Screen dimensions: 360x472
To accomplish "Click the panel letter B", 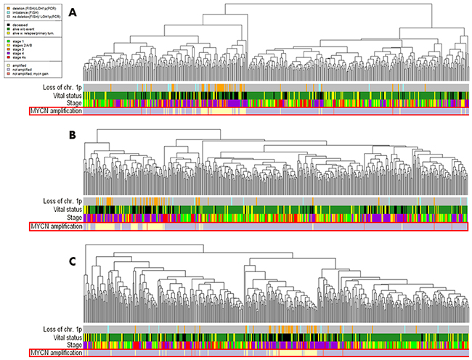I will pyautogui.click(x=93, y=136).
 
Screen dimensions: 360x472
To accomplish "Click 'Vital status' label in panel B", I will pyautogui.click(x=60, y=209).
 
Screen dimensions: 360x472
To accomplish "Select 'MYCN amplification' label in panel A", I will pyautogui.click(x=54, y=111).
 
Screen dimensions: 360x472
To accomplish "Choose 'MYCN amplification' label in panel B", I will pyautogui.click(x=54, y=226).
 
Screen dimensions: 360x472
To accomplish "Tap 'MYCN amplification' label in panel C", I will pyautogui.click(x=54, y=353).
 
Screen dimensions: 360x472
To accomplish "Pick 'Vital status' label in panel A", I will pyautogui.click(x=60, y=96).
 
